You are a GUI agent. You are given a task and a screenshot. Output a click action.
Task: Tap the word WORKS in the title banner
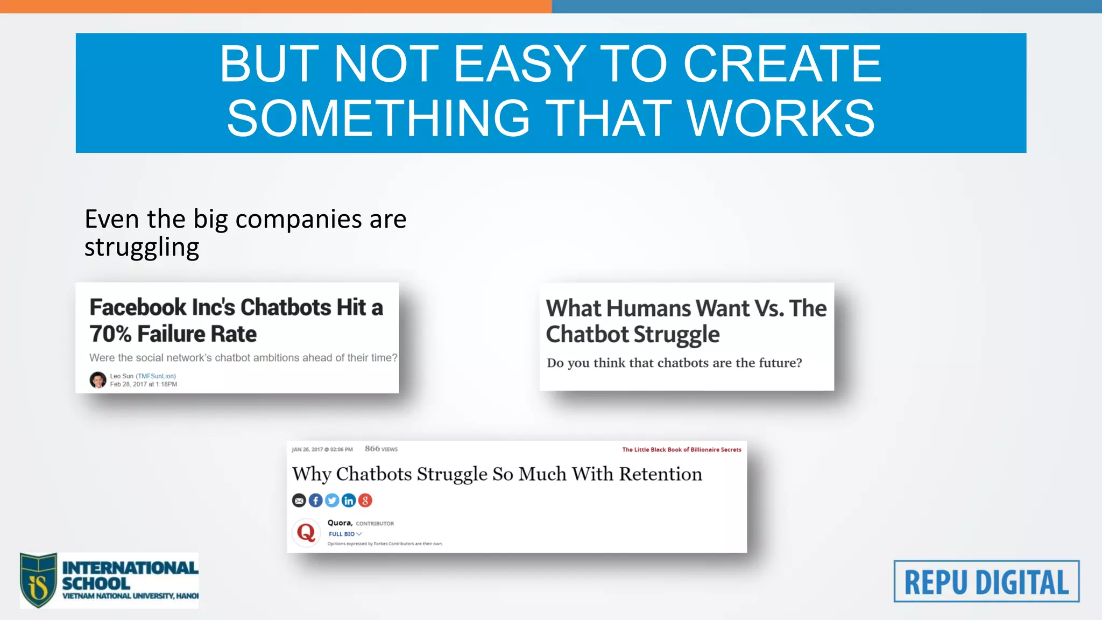click(x=781, y=118)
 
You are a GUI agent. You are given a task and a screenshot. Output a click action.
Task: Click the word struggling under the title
click(x=142, y=248)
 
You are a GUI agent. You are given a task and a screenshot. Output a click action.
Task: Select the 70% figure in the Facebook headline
click(x=110, y=334)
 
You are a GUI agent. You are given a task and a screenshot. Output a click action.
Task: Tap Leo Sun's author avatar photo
click(x=97, y=380)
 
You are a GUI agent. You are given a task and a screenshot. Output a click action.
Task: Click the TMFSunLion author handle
click(x=156, y=376)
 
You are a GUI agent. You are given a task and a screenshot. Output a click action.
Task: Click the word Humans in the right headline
click(x=649, y=308)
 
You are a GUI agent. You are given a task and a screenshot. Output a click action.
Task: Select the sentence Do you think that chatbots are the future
click(x=674, y=363)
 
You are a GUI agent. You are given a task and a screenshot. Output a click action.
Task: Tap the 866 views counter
click(x=381, y=449)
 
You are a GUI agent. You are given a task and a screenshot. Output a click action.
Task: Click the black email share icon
click(x=299, y=501)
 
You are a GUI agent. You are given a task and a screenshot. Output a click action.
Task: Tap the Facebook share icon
click(x=316, y=501)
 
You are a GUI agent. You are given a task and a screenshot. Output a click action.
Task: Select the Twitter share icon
click(x=332, y=501)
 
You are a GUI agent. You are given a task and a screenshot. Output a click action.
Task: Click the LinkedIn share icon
click(x=349, y=501)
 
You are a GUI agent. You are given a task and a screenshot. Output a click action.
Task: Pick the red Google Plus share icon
click(x=365, y=501)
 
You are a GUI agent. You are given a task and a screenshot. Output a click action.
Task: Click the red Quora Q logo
click(x=306, y=533)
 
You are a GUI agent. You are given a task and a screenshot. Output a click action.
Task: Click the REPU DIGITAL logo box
click(x=986, y=581)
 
